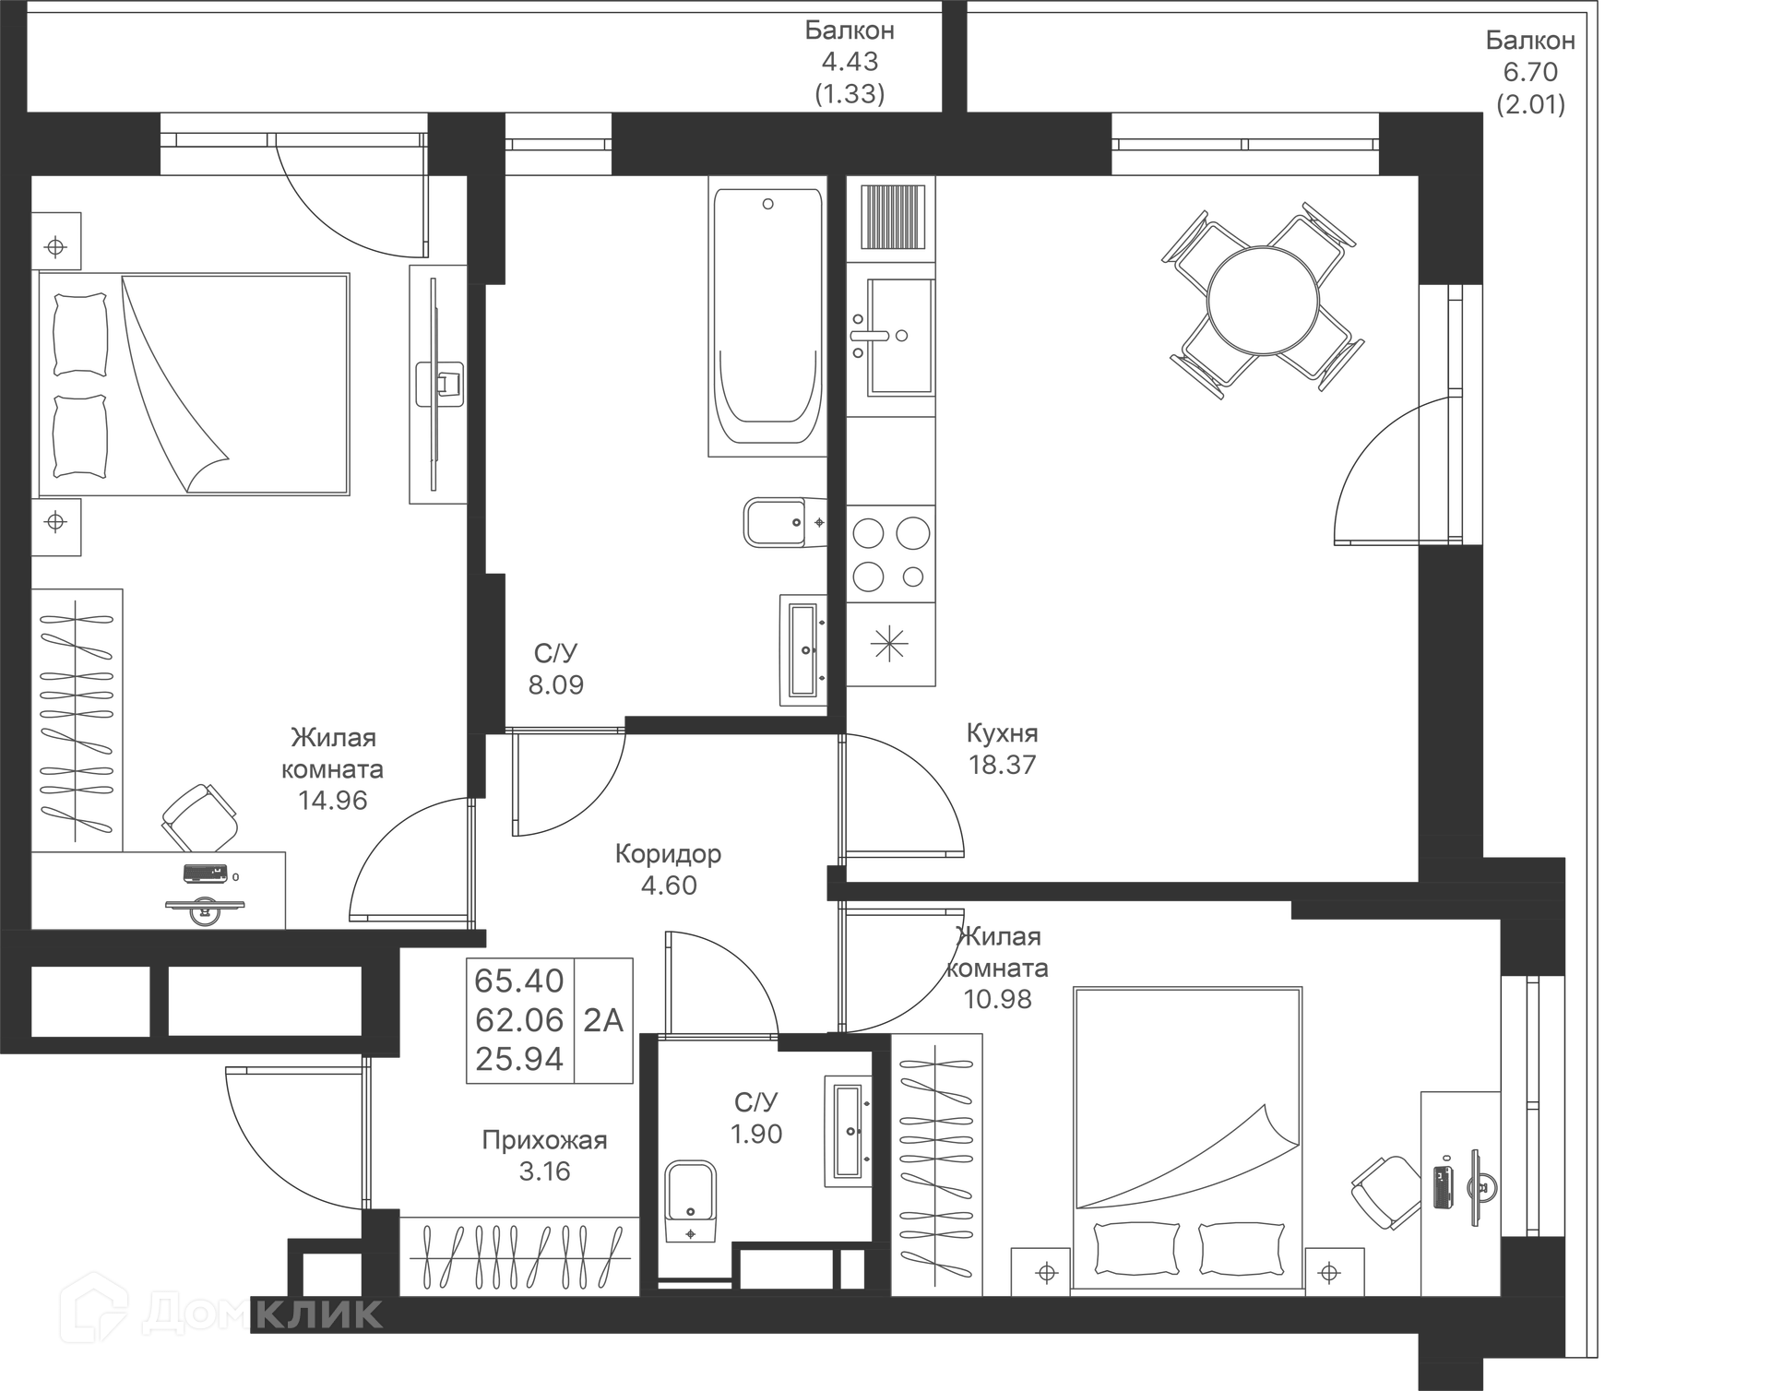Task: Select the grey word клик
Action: [x=318, y=1314]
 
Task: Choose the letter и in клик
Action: [x=334, y=1314]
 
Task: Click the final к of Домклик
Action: [x=367, y=1314]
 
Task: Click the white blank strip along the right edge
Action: [x=1683, y=692]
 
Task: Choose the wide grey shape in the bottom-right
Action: [x=1190, y=1135]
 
